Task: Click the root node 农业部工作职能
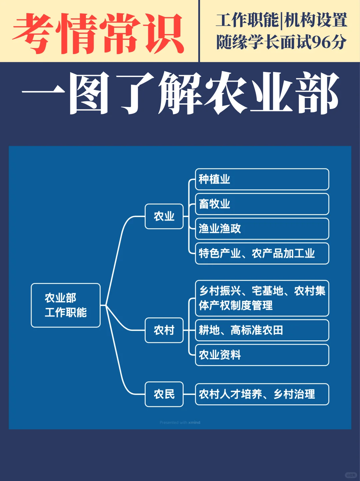click(66, 305)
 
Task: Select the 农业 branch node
click(164, 216)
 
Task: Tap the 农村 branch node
click(164, 330)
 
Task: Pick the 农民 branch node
click(164, 394)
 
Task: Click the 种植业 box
click(262, 179)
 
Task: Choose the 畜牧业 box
click(262, 204)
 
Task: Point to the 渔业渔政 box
click(262, 229)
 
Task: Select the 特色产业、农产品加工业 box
click(262, 253)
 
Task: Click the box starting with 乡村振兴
click(262, 298)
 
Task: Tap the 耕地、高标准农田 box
click(262, 330)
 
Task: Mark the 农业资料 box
click(262, 355)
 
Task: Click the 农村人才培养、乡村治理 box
click(262, 394)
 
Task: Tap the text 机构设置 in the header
click(315, 20)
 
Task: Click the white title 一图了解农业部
click(180, 93)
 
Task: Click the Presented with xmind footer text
click(180, 422)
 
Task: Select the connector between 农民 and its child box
click(189, 394)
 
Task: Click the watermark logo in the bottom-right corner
click(351, 475)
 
